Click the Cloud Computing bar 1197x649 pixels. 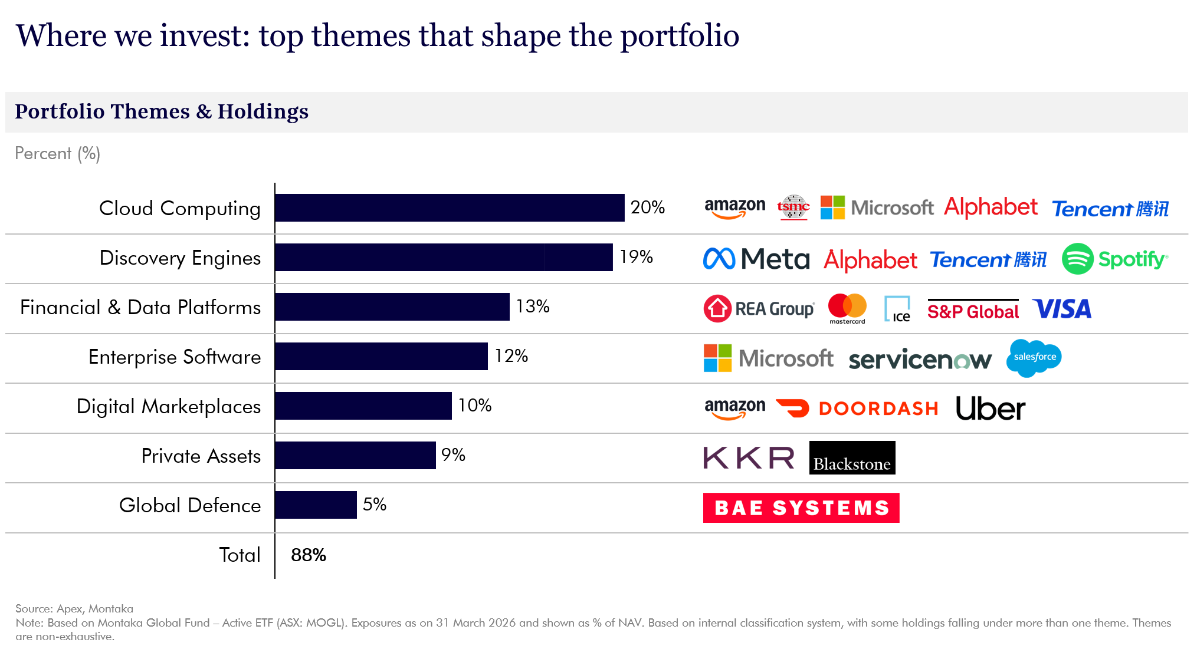point(450,207)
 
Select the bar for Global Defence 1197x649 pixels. point(316,505)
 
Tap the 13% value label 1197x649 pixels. point(532,306)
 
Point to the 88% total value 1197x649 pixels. point(308,555)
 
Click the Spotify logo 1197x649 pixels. point(1114,259)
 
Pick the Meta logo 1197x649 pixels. point(756,259)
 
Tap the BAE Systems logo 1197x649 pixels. point(801,508)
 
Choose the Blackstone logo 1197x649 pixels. point(852,457)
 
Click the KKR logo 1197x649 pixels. point(749,457)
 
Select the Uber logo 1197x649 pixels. point(991,408)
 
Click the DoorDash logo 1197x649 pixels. point(857,408)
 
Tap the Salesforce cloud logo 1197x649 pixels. point(1034,357)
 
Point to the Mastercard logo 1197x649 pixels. point(847,308)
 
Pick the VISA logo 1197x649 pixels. point(1062,309)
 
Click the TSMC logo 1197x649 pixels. point(793,207)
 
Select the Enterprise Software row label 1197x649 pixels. point(175,357)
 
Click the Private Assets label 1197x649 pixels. point(201,456)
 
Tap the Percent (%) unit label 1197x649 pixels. point(57,153)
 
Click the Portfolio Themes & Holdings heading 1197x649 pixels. point(162,111)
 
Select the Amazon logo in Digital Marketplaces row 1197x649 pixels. point(734,408)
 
